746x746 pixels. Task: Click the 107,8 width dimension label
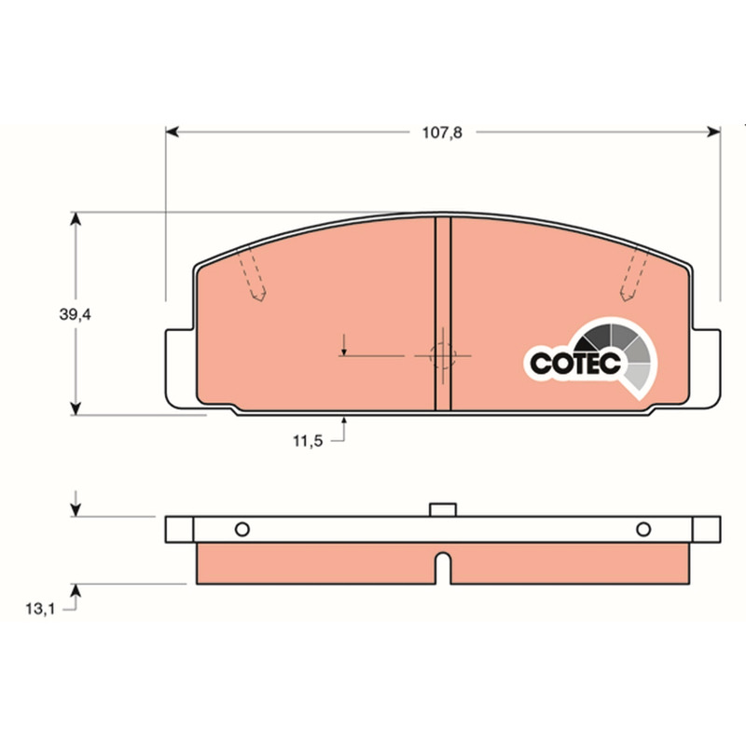(x=442, y=132)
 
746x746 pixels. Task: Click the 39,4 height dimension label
(x=75, y=314)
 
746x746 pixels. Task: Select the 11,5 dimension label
(x=308, y=441)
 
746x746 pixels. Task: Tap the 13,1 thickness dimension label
(x=40, y=609)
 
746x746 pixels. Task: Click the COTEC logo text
(x=575, y=364)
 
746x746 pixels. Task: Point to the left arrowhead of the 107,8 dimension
(x=172, y=131)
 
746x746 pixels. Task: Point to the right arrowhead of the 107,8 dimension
(x=713, y=131)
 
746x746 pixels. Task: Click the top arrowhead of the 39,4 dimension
(x=76, y=219)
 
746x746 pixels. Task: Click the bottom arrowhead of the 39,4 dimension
(x=76, y=408)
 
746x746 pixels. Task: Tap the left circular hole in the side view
(x=242, y=529)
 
